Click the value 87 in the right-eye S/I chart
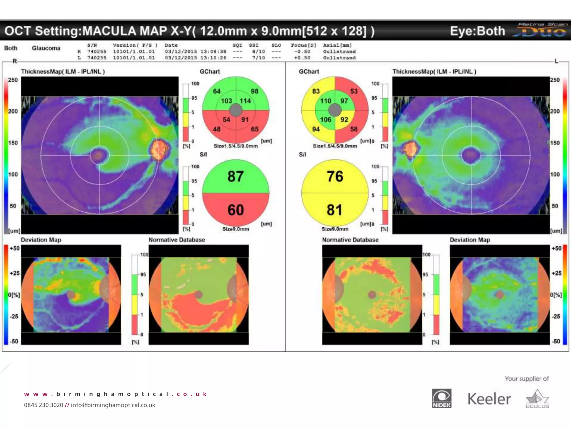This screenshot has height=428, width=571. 236,176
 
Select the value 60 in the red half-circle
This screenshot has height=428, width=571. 236,210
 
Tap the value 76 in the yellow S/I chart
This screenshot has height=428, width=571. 335,176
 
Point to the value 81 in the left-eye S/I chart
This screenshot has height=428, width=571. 335,210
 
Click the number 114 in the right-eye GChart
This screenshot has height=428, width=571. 245,101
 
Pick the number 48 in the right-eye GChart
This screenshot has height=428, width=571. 217,129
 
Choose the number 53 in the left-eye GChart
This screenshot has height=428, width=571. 354,91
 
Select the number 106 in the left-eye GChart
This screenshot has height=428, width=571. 325,120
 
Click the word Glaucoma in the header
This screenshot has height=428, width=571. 46,48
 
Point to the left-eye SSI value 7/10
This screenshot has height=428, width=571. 258,58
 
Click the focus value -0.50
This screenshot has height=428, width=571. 302,52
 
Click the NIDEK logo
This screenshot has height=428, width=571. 442,398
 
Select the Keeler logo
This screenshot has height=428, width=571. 489,399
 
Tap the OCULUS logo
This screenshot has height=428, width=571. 537,399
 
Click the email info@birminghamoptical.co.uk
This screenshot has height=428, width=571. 113,405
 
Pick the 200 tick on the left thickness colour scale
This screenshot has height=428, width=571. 13,111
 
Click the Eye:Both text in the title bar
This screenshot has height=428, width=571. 477,31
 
